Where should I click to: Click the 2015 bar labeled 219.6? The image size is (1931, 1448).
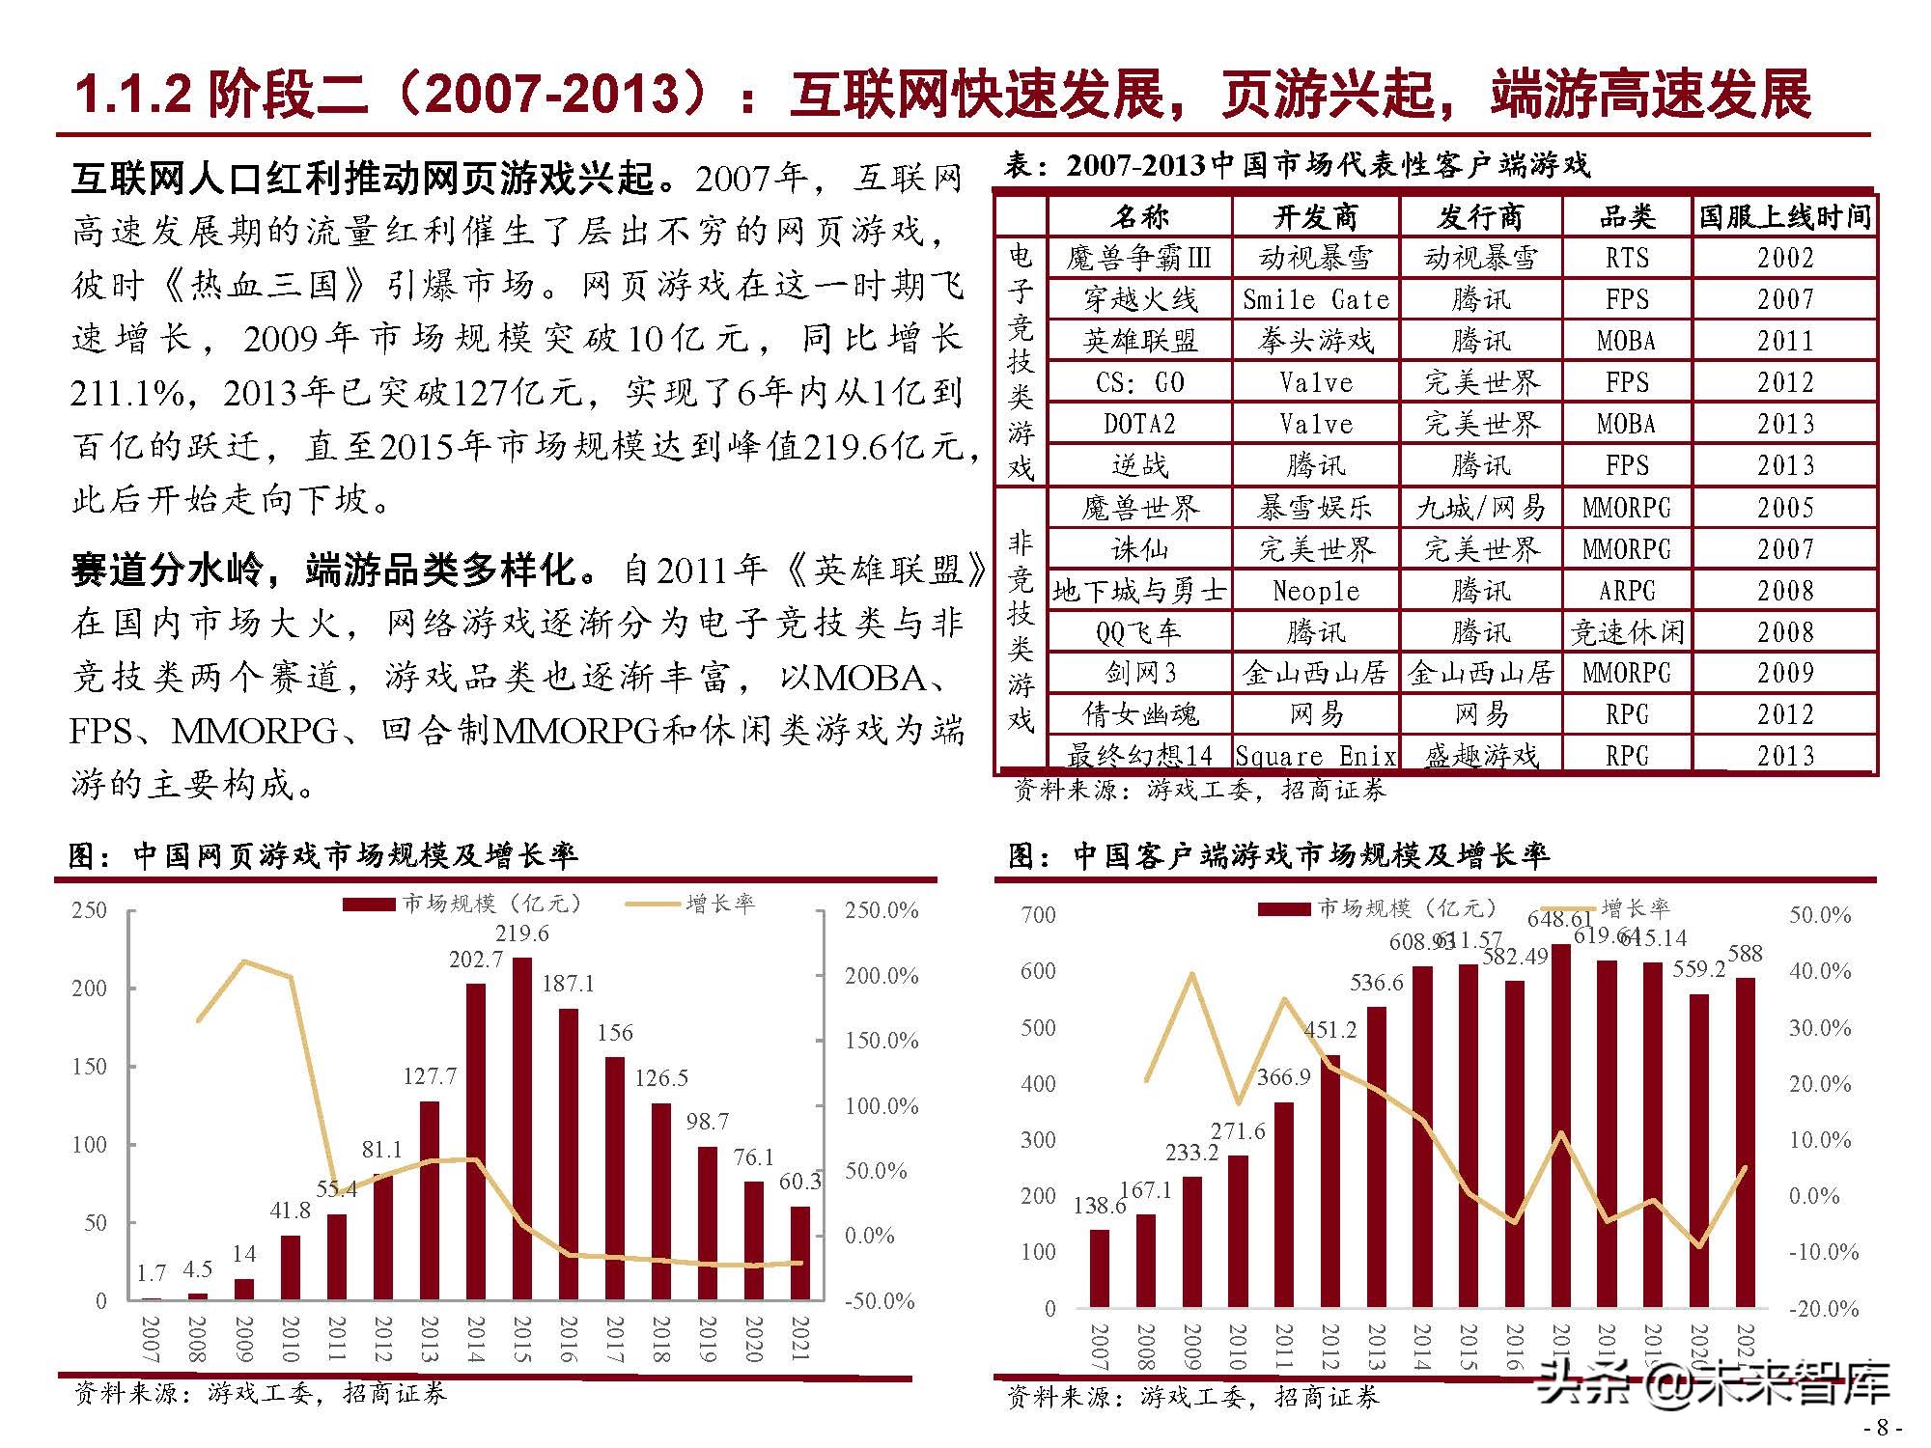point(521,1129)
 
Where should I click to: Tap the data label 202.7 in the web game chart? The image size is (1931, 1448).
point(475,960)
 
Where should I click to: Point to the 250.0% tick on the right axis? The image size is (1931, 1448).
point(881,910)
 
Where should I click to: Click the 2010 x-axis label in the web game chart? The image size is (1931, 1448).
point(290,1338)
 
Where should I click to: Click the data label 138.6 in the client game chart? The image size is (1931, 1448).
point(1099,1206)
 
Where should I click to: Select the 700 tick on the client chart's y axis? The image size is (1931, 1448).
point(1038,914)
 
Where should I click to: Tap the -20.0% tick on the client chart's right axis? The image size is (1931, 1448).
point(1824,1309)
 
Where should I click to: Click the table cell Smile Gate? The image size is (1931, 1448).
point(1315,300)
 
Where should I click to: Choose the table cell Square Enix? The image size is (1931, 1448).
point(1315,756)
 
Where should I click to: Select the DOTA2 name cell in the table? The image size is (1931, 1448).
point(1139,424)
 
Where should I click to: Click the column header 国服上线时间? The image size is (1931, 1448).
point(1784,216)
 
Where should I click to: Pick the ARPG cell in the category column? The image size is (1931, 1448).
point(1627,591)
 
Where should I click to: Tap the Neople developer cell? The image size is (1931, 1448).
point(1315,591)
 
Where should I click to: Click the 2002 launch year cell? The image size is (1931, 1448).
point(1784,258)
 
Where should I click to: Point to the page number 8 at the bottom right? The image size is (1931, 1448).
point(1881,1428)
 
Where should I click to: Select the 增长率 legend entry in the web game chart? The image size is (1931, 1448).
point(719,904)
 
